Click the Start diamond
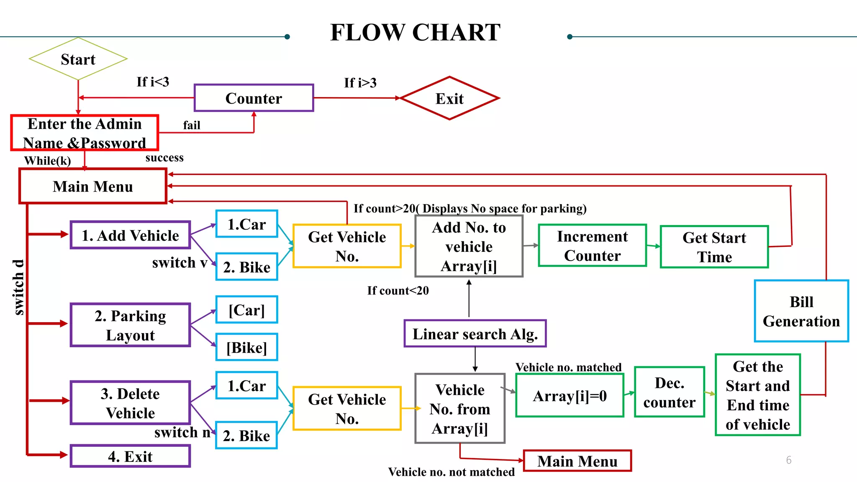(78, 59)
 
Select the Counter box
(254, 98)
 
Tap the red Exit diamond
(449, 98)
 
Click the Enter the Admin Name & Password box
(85, 133)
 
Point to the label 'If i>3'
(360, 83)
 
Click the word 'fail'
(192, 125)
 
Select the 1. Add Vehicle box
(130, 236)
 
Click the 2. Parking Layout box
(130, 325)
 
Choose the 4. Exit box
(130, 456)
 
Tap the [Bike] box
(246, 347)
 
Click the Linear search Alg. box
(475, 334)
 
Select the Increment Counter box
(592, 246)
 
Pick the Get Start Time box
(714, 247)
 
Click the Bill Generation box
(801, 311)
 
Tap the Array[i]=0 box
(570, 395)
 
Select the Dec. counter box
(669, 392)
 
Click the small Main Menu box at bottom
(577, 461)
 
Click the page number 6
(788, 460)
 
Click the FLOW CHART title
(415, 32)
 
